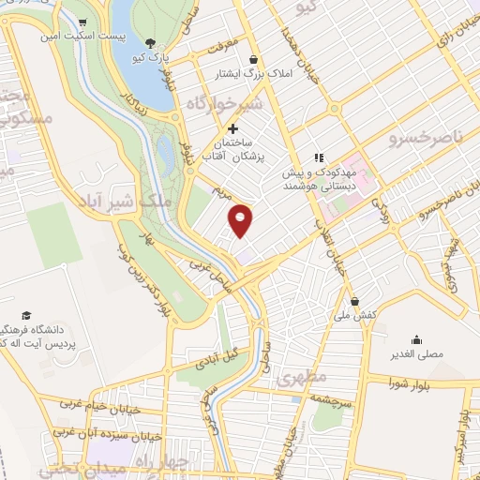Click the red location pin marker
(241, 220)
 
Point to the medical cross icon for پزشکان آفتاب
(232, 127)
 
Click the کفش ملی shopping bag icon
(355, 301)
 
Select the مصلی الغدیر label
(416, 356)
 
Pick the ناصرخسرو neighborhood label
(426, 138)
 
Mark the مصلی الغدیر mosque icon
(416, 339)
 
